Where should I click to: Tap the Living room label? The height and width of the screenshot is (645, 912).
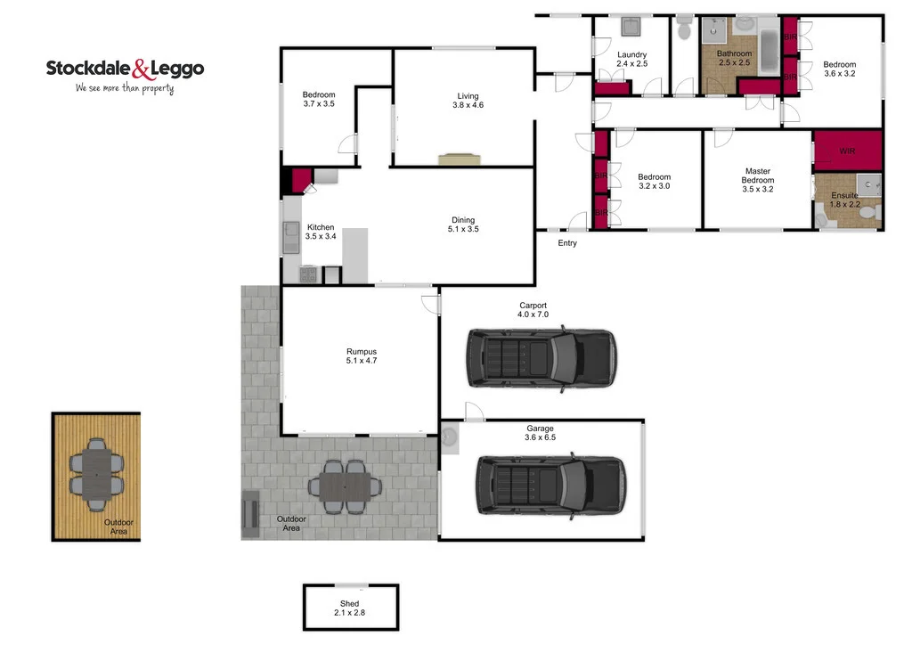468,96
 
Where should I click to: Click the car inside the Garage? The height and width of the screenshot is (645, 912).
550,485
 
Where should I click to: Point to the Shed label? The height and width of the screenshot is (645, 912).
349,604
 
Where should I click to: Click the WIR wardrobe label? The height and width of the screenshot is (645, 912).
846,152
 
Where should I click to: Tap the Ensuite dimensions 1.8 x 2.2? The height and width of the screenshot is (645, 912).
845,205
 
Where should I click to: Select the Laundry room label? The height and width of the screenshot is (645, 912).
631,55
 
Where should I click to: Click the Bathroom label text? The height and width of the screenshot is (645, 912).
735,54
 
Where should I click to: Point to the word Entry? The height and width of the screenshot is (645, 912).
567,243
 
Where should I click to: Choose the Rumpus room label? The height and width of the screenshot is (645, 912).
361,351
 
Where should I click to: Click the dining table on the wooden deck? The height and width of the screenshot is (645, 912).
95,472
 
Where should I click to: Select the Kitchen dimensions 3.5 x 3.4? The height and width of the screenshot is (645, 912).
321,237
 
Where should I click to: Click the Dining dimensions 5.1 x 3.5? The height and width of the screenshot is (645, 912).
463,230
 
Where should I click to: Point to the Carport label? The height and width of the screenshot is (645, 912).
533,306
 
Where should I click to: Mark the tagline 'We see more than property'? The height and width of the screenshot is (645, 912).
125,88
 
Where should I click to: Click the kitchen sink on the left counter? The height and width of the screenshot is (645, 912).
290,236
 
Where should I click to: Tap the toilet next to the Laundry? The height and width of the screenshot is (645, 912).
684,29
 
